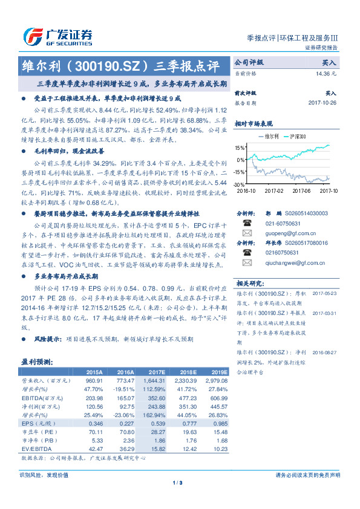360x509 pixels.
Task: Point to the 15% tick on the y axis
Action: click(x=240, y=148)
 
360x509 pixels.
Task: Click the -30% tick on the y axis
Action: click(x=240, y=184)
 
